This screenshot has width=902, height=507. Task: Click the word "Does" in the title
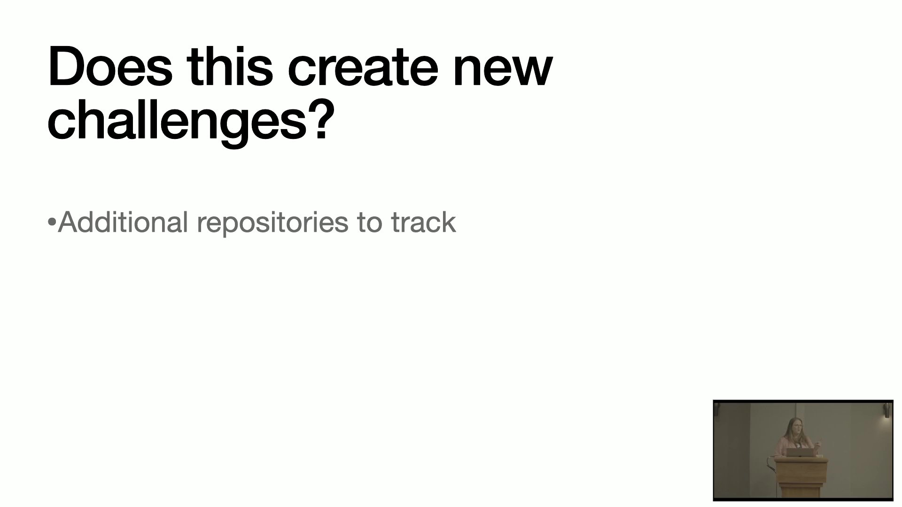point(110,66)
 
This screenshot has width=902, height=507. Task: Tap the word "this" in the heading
point(230,66)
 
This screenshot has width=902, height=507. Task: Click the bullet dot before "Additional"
point(52,223)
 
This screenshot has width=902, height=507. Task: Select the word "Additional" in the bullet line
point(123,222)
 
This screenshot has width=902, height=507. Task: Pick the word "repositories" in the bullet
point(272,223)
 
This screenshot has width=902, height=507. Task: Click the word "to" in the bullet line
point(370,223)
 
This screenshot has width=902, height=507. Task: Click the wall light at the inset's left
point(717,407)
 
